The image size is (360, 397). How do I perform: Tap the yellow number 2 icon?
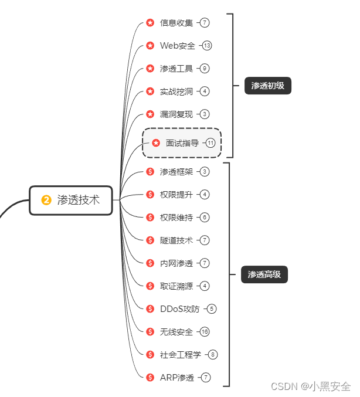pyautogui.click(x=46, y=200)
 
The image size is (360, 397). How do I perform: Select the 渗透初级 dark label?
pyautogui.click(x=268, y=86)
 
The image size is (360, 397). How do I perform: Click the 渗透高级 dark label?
pyautogui.click(x=264, y=274)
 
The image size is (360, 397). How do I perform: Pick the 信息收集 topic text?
pyautogui.click(x=176, y=23)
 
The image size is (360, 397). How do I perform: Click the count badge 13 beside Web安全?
pyautogui.click(x=207, y=46)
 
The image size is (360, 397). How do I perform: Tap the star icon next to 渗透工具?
pyautogui.click(x=150, y=69)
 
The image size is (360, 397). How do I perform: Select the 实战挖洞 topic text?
pyautogui.click(x=176, y=91)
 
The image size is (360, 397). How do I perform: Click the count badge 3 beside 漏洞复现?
pyautogui.click(x=204, y=114)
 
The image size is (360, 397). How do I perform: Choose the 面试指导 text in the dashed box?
pyautogui.click(x=182, y=143)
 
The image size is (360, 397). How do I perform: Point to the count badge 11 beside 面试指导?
pyautogui.click(x=210, y=143)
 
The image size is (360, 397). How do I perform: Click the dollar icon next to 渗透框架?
pyautogui.click(x=150, y=172)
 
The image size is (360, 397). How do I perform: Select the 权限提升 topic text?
pyautogui.click(x=176, y=195)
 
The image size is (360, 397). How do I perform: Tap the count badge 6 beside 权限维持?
pyautogui.click(x=204, y=218)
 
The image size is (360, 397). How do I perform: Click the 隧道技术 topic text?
pyautogui.click(x=176, y=240)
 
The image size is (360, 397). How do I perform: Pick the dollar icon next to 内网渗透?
pyautogui.click(x=150, y=263)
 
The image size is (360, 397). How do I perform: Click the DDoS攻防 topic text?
pyautogui.click(x=180, y=309)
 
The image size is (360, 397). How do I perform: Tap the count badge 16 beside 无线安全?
pyautogui.click(x=204, y=332)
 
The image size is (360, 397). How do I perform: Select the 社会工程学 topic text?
pyautogui.click(x=181, y=355)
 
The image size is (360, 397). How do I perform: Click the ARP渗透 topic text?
pyautogui.click(x=177, y=378)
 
